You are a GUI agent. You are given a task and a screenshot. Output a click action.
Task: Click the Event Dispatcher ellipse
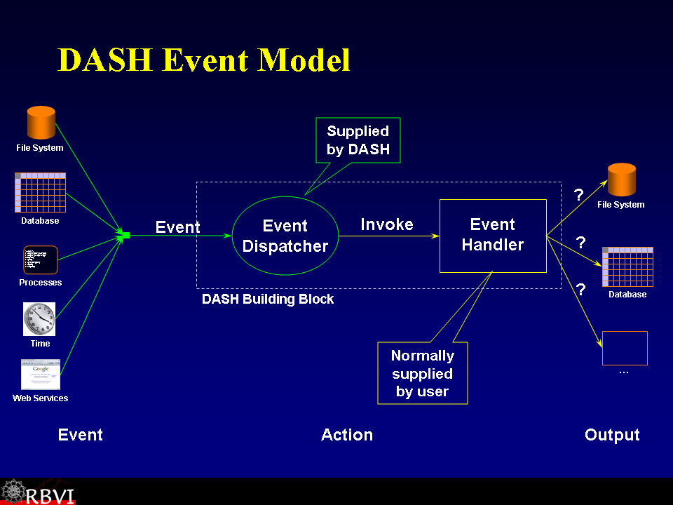click(x=285, y=236)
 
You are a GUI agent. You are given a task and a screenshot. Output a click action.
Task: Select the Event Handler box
click(x=493, y=236)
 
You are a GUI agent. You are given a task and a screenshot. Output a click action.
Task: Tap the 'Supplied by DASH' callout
click(x=358, y=140)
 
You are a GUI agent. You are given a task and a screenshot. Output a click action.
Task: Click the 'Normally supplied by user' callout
click(x=422, y=373)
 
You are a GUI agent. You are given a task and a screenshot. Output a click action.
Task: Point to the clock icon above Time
click(x=39, y=319)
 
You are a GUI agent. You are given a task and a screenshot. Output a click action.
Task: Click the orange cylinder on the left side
click(x=41, y=123)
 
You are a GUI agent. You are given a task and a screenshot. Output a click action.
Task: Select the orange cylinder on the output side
click(x=621, y=180)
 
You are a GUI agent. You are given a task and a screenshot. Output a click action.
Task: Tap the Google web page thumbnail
click(x=41, y=375)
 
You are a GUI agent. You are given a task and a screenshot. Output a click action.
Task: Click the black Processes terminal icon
click(x=40, y=260)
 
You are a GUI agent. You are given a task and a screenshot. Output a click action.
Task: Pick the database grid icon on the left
click(x=40, y=193)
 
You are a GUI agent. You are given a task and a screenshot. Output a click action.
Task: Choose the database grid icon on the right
click(x=627, y=267)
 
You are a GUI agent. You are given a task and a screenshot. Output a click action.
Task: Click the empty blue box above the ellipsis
click(x=625, y=348)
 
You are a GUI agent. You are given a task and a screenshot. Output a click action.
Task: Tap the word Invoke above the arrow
click(x=387, y=224)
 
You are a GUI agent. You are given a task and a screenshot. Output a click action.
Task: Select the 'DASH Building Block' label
click(x=268, y=299)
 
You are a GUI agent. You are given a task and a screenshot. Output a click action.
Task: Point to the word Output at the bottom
click(x=612, y=435)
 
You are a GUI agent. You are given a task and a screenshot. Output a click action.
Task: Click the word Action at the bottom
click(x=347, y=435)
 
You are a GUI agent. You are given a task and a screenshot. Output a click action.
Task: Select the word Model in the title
click(x=304, y=60)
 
